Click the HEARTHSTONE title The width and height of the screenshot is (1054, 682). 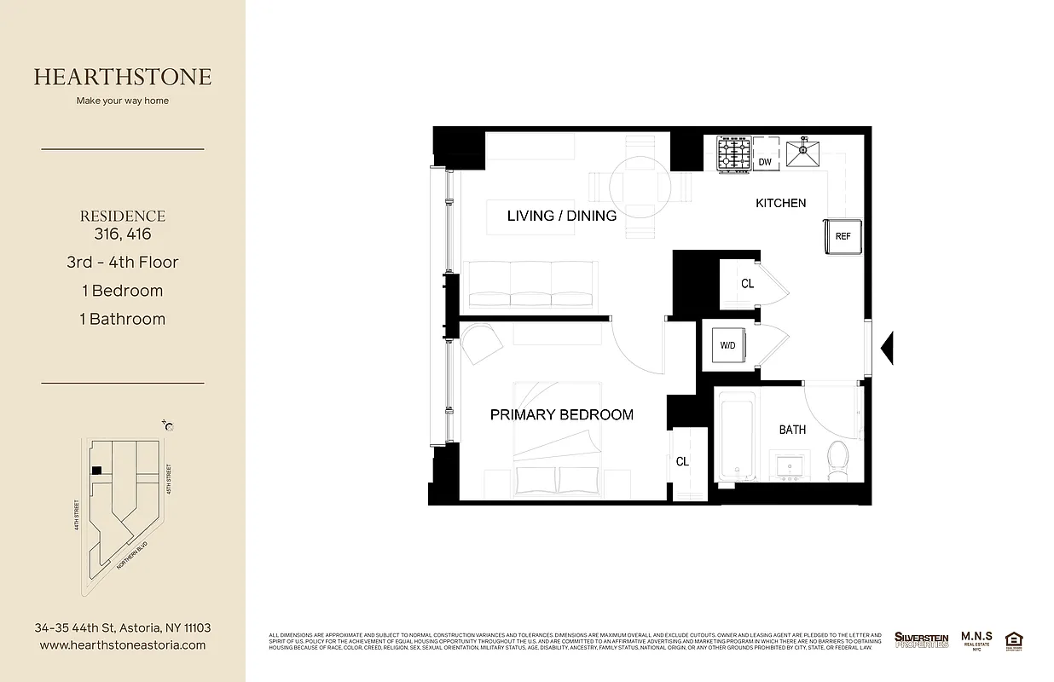tap(123, 77)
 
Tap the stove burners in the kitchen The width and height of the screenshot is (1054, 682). tap(733, 153)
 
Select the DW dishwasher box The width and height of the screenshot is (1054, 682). tap(765, 161)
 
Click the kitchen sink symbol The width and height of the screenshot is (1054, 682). tap(802, 154)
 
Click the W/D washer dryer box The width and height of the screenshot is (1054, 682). tap(727, 345)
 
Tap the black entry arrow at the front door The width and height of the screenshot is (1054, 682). tap(887, 347)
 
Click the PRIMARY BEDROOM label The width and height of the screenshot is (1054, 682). tap(561, 415)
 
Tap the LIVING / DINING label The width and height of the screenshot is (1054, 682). tap(561, 216)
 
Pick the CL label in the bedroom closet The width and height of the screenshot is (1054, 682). tap(682, 461)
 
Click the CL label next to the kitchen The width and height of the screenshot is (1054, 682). tap(747, 284)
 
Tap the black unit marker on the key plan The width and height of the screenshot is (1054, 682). tap(97, 470)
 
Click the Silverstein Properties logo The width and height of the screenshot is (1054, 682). tap(921, 639)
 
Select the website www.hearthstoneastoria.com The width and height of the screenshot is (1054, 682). tap(123, 645)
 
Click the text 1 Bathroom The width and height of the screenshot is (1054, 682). tap(124, 319)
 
